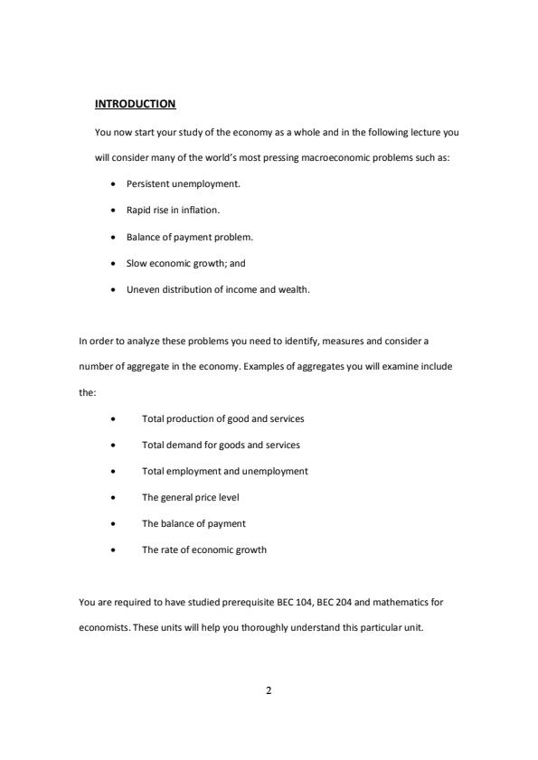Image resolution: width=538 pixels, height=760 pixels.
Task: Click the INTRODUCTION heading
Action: coord(135,104)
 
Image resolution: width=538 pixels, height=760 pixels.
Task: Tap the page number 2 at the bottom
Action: coord(269,691)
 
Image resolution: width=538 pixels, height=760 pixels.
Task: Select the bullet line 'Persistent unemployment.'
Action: coord(183,183)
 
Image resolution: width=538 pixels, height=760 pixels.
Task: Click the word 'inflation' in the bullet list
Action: coord(200,211)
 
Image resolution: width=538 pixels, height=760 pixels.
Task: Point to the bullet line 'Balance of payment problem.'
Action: coord(190,237)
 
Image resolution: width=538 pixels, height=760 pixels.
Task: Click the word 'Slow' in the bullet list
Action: coord(136,264)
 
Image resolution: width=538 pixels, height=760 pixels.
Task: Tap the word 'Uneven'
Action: coord(141,290)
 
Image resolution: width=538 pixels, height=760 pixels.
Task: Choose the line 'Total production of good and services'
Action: coord(222,419)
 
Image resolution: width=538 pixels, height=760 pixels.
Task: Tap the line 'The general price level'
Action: coord(190,497)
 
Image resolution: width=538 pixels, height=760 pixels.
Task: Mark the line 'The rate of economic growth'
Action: coord(203,549)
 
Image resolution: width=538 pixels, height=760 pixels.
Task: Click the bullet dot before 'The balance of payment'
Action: coord(112,524)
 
